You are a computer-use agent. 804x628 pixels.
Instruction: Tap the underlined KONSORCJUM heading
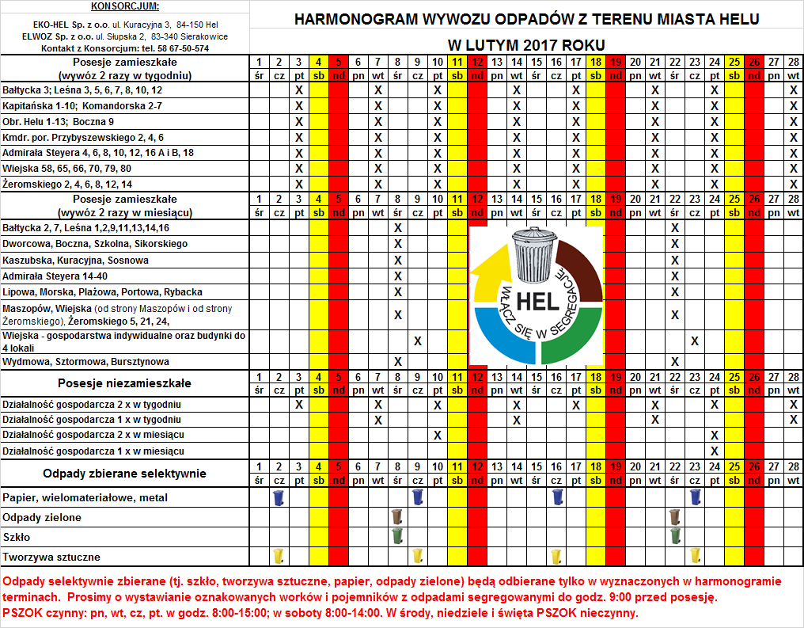tap(125, 7)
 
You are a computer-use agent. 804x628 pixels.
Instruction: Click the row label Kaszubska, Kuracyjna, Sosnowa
tap(76, 260)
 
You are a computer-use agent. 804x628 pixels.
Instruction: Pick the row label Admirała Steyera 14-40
tap(55, 276)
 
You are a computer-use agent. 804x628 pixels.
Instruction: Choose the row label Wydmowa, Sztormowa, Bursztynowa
tap(86, 361)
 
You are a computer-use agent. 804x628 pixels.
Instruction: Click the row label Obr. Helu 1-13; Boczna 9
tap(59, 121)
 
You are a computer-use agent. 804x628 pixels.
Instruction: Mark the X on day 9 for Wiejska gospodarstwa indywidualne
tap(418, 341)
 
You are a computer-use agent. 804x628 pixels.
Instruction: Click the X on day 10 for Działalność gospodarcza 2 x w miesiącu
tap(438, 435)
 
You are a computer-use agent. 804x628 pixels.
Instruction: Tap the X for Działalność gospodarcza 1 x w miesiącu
tap(715, 451)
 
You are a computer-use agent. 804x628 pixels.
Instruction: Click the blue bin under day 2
tap(279, 497)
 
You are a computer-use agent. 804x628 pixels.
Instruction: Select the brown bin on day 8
tap(397, 517)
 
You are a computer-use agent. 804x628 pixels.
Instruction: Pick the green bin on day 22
tap(675, 536)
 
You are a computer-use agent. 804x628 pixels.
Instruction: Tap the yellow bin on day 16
tap(557, 556)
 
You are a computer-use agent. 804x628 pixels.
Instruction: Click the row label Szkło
tap(17, 537)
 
